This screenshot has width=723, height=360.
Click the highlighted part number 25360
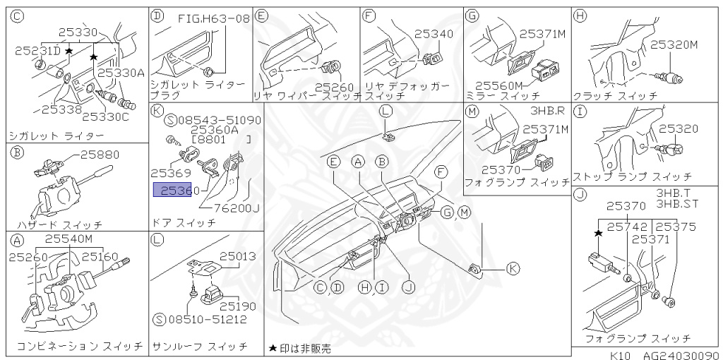(x=172, y=190)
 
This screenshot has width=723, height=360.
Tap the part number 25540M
(x=68, y=239)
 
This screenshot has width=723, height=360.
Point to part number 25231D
(x=37, y=51)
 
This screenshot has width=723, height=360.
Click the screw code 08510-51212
(x=206, y=319)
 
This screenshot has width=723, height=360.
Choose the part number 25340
(x=434, y=33)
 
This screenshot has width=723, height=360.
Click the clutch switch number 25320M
(x=674, y=44)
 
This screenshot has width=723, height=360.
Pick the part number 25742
(x=627, y=227)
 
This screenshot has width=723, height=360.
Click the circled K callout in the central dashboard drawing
(x=513, y=268)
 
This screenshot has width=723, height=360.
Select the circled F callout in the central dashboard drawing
(x=441, y=171)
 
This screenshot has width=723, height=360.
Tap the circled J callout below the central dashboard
(x=407, y=287)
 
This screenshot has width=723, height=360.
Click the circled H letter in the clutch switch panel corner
(x=580, y=15)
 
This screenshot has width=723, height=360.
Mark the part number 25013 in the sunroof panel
(x=237, y=256)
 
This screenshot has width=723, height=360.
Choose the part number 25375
(x=676, y=227)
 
